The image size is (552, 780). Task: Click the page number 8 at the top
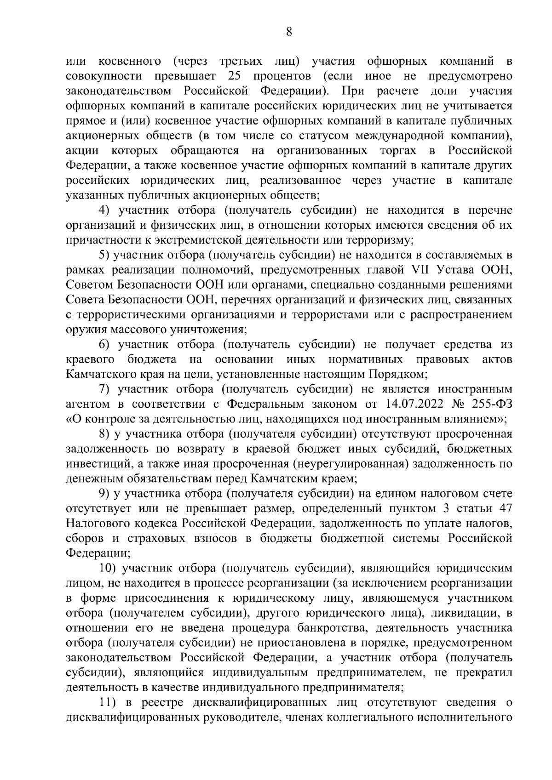coord(288,32)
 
